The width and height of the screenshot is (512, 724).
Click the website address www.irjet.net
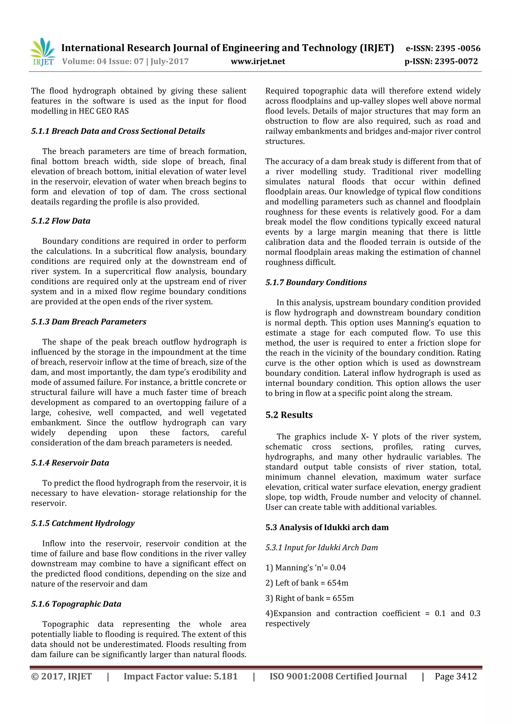point(258,61)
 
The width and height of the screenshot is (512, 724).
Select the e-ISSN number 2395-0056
point(457,48)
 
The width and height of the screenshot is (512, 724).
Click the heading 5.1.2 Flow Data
point(60,221)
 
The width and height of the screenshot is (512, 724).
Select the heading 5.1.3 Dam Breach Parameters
point(89,322)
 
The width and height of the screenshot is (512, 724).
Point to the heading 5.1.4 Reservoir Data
point(70,463)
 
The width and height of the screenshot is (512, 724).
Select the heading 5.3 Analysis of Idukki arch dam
point(327,527)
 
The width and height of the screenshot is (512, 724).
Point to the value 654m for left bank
point(337,583)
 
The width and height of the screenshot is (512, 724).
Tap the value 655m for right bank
point(343,598)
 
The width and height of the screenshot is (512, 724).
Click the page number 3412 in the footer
point(466,676)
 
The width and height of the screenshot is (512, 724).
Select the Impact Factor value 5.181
point(225,676)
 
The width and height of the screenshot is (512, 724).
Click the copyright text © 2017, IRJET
point(61,676)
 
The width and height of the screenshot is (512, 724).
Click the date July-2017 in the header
point(169,61)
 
